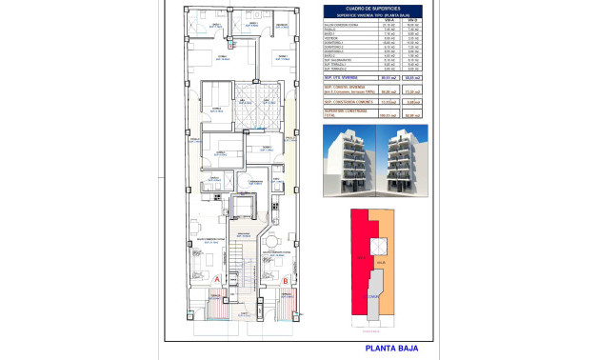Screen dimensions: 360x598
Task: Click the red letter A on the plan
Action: tap(217, 278)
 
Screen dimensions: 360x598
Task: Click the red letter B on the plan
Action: tap(286, 279)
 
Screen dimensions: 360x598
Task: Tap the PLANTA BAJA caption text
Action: tap(392, 349)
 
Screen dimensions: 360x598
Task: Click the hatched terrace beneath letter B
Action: tap(286, 307)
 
